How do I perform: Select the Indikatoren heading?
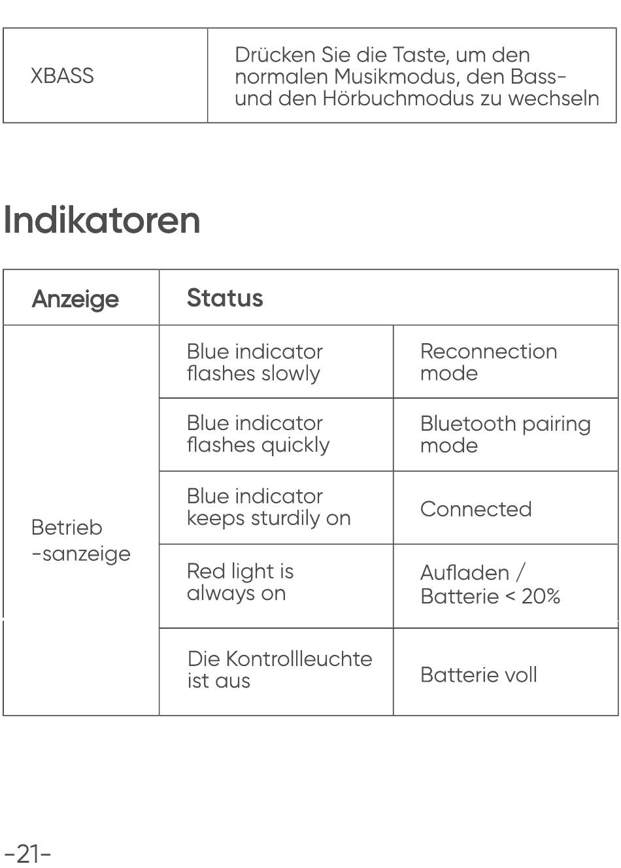pyautogui.click(x=102, y=220)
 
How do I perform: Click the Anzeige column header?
pyautogui.click(x=75, y=299)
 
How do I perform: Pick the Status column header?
pyautogui.click(x=225, y=297)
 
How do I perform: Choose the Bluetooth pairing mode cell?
pyautogui.click(x=505, y=435)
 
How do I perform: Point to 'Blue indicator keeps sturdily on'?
pyautogui.click(x=269, y=507)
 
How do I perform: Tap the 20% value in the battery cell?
pyautogui.click(x=541, y=596)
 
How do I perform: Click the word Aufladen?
pyautogui.click(x=465, y=573)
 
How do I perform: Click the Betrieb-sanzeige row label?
pyautogui.click(x=80, y=541)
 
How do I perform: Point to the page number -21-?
pyautogui.click(x=27, y=854)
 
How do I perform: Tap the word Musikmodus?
pyautogui.click(x=397, y=76)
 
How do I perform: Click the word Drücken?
pyautogui.click(x=275, y=55)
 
